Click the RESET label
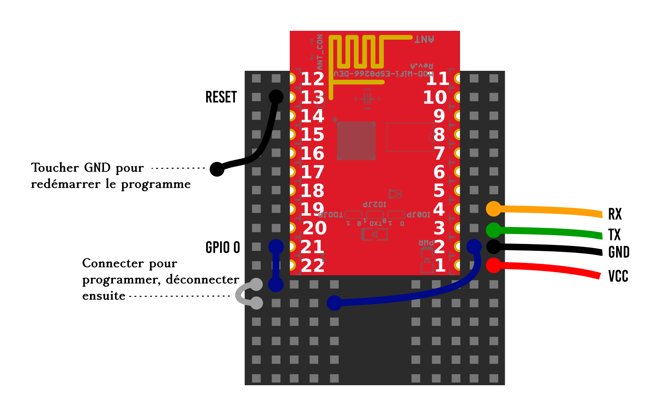pyautogui.click(x=221, y=97)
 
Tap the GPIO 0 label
pyautogui.click(x=223, y=247)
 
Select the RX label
pyautogui.click(x=615, y=214)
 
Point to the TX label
pyautogui.click(x=614, y=235)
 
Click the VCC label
pyautogui.click(x=618, y=276)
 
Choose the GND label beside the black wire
pyautogui.click(x=619, y=252)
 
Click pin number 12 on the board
pyautogui.click(x=312, y=79)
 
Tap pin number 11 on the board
pyautogui.click(x=437, y=79)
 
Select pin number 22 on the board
pyautogui.click(x=312, y=266)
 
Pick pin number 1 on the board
pyautogui.click(x=440, y=266)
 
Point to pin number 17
pyautogui.click(x=312, y=172)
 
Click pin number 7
pyautogui.click(x=439, y=154)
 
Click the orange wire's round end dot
pyautogui.click(x=494, y=209)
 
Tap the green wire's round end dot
pyautogui.click(x=494, y=230)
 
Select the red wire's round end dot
pyautogui.click(x=494, y=266)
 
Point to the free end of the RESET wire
pyautogui.click(x=217, y=169)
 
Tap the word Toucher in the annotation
pyautogui.click(x=55, y=168)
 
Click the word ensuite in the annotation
pyautogui.click(x=104, y=296)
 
